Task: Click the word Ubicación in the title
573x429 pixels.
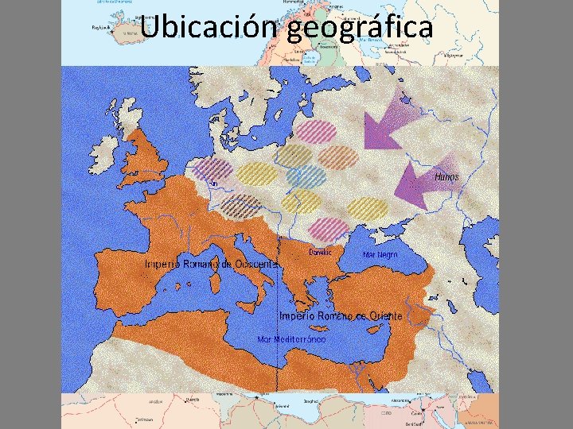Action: (209, 27)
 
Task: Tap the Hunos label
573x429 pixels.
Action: (447, 177)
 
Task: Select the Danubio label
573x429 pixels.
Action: (320, 252)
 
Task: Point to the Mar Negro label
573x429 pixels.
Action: (380, 255)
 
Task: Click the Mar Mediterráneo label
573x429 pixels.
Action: (291, 339)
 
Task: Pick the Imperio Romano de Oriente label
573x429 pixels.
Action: (341, 315)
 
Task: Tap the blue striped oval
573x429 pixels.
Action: (306, 176)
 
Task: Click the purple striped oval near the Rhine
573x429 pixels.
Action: (212, 169)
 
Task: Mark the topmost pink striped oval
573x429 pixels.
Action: (316, 130)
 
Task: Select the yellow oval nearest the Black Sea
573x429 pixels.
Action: (367, 209)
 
